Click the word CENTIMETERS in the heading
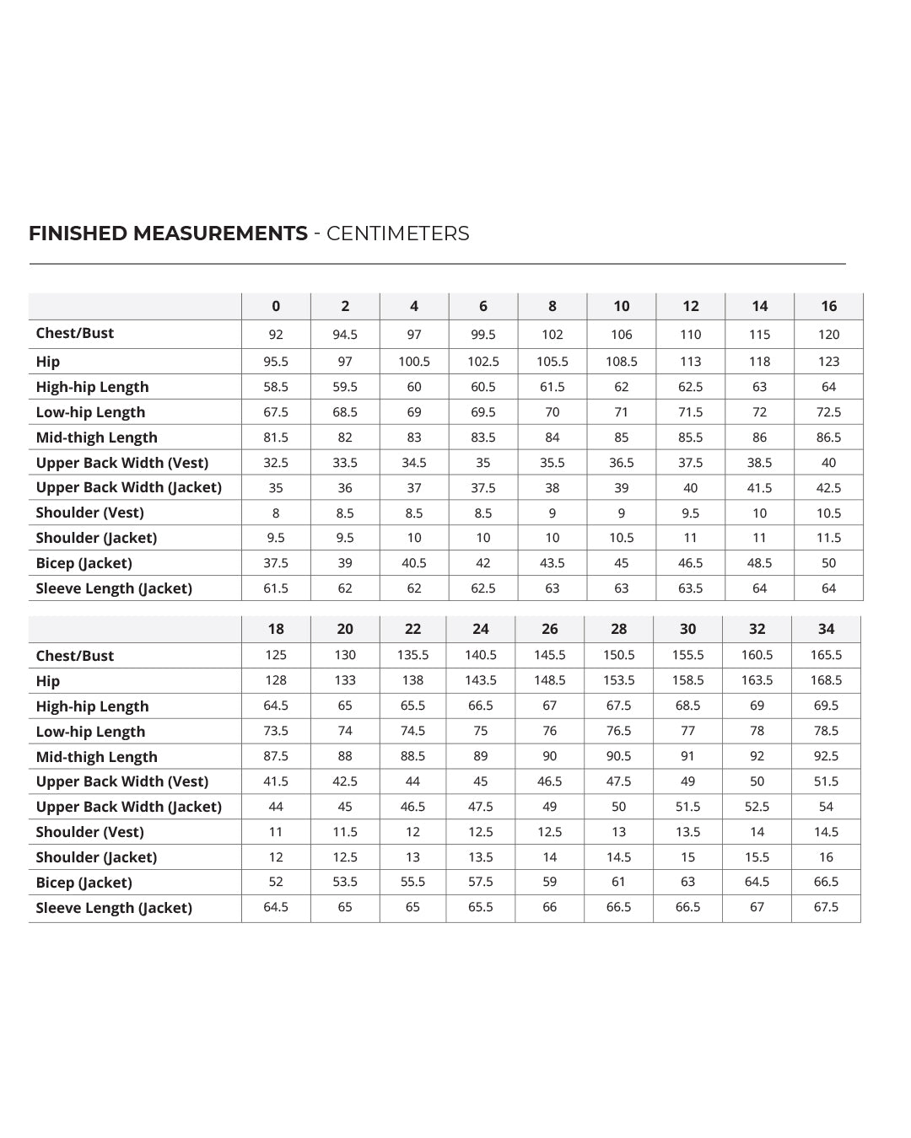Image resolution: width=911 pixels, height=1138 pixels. click(397, 234)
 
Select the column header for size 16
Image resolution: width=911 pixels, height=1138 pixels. click(828, 306)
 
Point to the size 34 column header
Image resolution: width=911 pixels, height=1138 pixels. click(826, 629)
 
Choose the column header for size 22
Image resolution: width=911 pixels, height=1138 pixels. click(412, 629)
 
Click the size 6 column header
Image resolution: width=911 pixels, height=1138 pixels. click(482, 306)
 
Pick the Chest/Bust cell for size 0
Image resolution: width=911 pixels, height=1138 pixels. click(276, 335)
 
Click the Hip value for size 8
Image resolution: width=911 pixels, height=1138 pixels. click(552, 362)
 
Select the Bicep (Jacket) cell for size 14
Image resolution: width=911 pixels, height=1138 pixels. click(759, 563)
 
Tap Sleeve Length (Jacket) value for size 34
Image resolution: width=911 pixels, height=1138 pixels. click(826, 907)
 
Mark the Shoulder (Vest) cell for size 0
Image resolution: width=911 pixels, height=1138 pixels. click(276, 513)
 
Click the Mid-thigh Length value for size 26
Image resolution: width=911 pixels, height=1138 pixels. click(549, 756)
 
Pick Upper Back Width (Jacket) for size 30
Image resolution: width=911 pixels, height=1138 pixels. click(687, 807)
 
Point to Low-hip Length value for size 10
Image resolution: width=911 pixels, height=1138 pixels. click(621, 412)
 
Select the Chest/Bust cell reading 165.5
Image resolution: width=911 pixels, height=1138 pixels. click(826, 655)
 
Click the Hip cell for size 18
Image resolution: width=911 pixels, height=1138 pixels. click(276, 680)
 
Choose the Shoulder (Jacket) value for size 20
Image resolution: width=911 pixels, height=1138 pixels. click(344, 857)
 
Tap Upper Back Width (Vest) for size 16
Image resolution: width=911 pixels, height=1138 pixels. click(828, 463)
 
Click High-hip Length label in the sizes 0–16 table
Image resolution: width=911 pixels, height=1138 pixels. click(92, 387)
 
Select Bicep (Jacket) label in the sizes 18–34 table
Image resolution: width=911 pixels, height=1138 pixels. click(84, 883)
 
